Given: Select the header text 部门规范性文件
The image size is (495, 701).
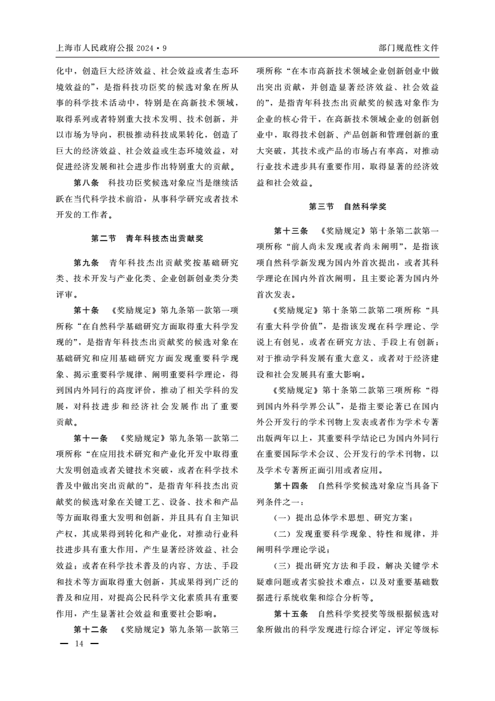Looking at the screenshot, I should tap(408, 48).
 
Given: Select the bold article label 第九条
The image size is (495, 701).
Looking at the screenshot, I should tap(87, 262).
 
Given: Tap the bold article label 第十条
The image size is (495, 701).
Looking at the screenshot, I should tap(87, 311).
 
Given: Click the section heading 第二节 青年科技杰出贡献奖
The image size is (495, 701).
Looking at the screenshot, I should tap(147, 238).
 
